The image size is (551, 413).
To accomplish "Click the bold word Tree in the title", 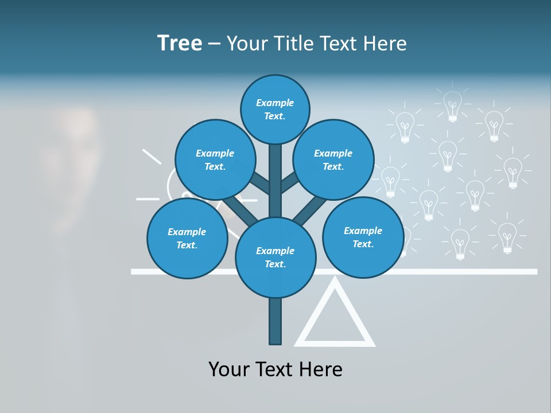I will coord(180,43).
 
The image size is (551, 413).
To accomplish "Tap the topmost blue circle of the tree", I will coord(275,109).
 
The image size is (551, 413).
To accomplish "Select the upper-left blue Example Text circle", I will coord(215,159).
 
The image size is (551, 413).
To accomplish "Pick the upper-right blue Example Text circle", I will coord(333,159).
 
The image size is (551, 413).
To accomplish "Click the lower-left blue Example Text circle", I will coord(187,238).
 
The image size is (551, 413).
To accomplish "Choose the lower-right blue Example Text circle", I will coord(363,237).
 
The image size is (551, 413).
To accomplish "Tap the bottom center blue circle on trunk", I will coord(275,257).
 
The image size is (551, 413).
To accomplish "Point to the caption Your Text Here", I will coord(275,369).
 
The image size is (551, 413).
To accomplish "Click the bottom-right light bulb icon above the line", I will coord(507,237).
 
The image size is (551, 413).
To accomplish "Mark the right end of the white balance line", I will coord(535,271).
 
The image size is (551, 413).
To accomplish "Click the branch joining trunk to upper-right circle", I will coord(289,182).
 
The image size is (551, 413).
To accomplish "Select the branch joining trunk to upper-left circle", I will coord(260,182).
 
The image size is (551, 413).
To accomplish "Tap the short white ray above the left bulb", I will coord(152,156).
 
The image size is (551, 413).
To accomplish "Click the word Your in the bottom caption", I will coord(229,369).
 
